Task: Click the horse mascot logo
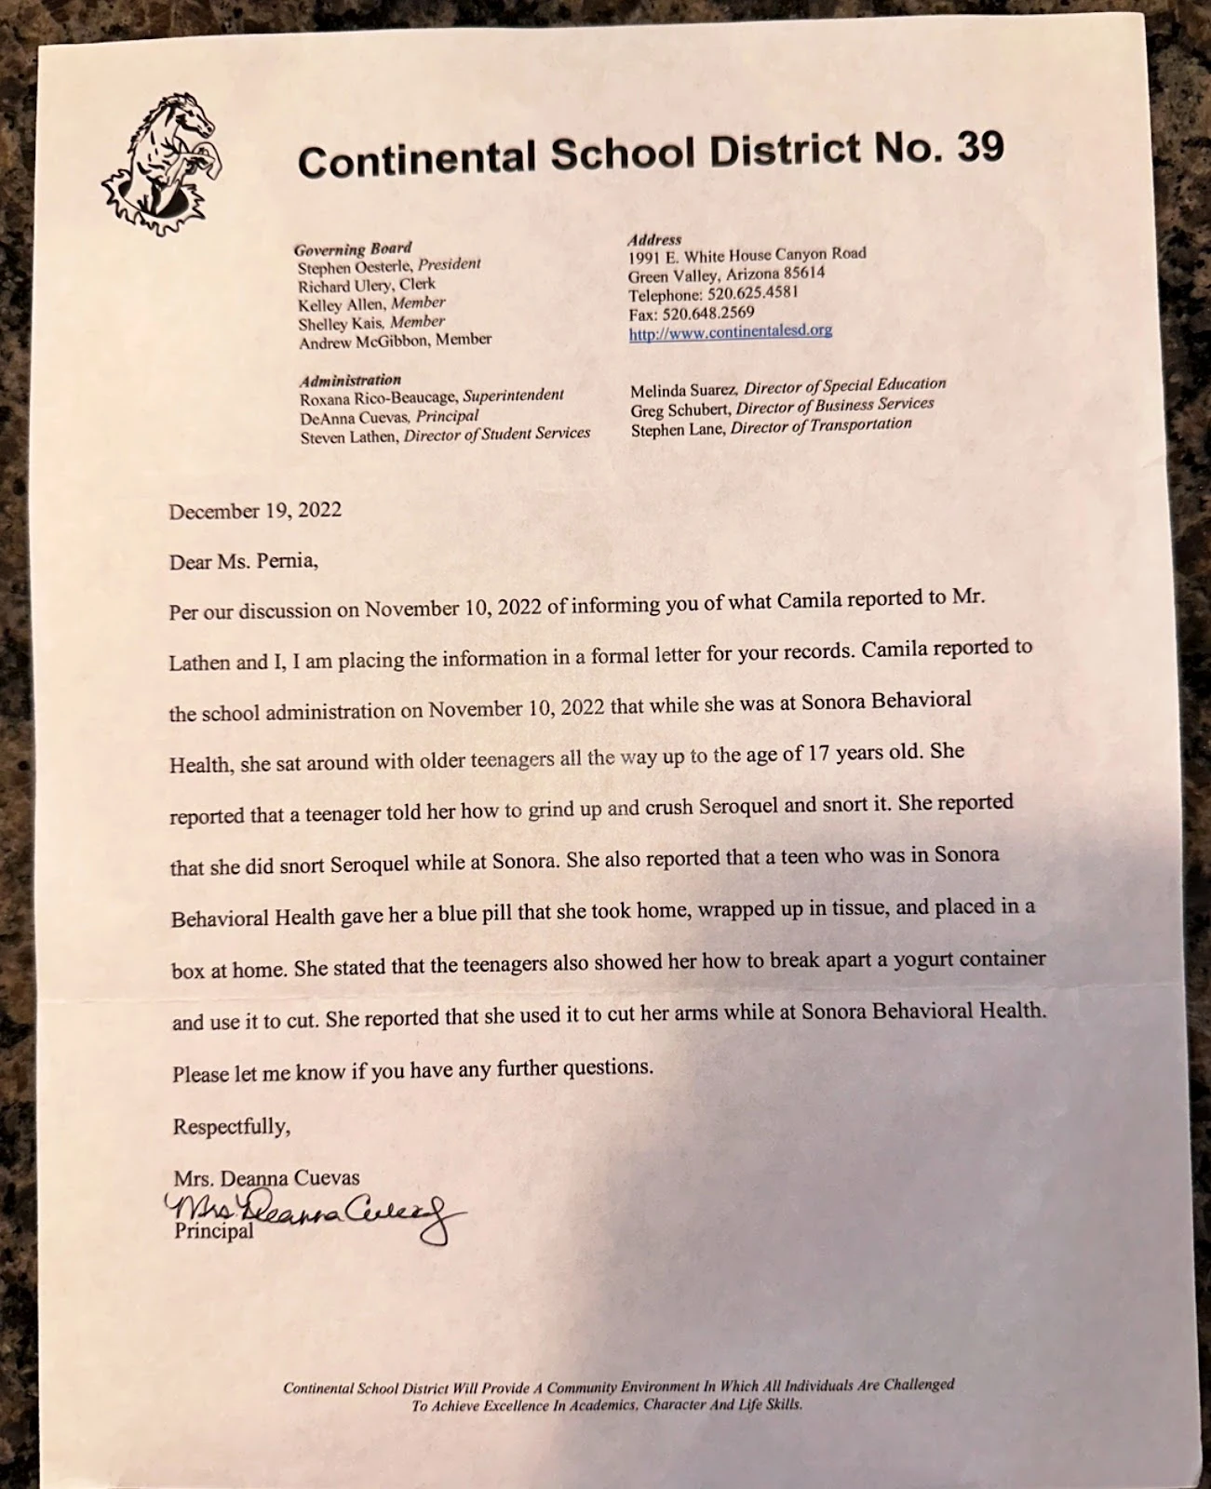[164, 163]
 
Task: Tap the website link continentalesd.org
[730, 331]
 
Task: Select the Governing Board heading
[353, 248]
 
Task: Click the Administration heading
[350, 380]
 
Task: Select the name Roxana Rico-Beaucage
[379, 398]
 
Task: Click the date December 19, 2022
[255, 511]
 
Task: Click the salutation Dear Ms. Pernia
[244, 561]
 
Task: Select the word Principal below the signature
[213, 1232]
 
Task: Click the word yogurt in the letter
[924, 959]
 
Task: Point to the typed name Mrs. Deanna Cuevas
[266, 1177]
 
